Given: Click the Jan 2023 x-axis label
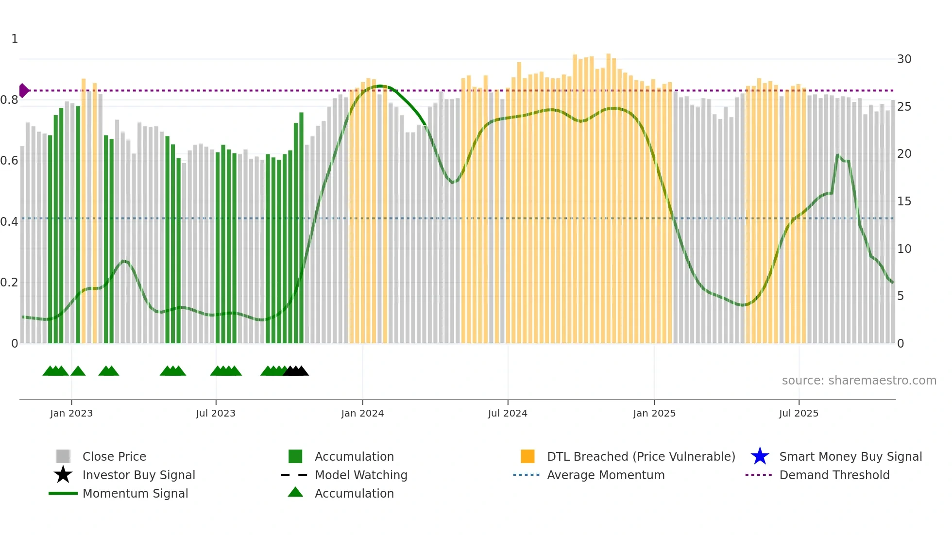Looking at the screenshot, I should pos(71,413).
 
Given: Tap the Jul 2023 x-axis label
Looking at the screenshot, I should pos(216,413).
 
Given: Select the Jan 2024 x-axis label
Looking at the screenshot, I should pos(362,413).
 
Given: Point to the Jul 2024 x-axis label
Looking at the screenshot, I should pos(508,413).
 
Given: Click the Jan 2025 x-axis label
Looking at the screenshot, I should pos(654,413).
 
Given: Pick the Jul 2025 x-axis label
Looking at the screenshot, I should pos(799,413).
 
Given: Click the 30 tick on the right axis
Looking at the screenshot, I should pos(904,59).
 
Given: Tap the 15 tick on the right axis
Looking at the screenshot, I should pos(904,201).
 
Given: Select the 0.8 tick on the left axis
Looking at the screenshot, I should pos(9,100).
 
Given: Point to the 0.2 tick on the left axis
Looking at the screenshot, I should pos(9,283).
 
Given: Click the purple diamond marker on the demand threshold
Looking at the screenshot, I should pos(23,90).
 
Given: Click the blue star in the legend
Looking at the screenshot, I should pos(760,456).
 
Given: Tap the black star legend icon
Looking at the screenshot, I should pos(63,475).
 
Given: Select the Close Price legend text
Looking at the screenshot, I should pos(114,456).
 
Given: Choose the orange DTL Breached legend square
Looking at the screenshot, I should pos(527,456).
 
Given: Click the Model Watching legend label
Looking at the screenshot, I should pos(361,475).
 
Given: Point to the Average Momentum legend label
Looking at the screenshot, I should pos(606,475).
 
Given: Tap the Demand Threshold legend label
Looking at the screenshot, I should pos(834,475).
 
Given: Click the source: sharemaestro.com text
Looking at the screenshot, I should pos(859,381).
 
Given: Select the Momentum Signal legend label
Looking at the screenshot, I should pos(135,493).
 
